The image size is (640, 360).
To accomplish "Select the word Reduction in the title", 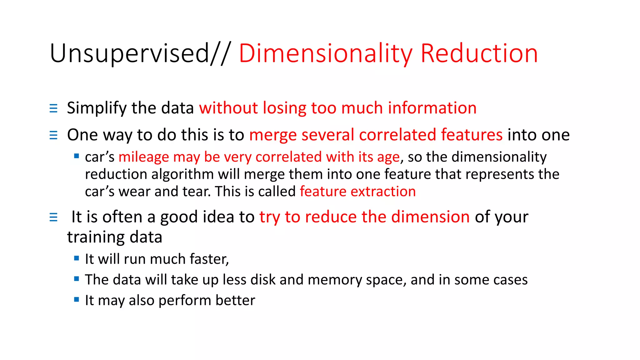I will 479,54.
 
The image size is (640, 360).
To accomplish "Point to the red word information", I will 432,108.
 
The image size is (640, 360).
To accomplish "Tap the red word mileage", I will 143,157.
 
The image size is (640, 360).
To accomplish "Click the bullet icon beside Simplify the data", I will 53,108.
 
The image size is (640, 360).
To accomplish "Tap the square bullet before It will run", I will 77,258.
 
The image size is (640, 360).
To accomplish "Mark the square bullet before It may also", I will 77,299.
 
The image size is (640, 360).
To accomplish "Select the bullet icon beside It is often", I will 53,217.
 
